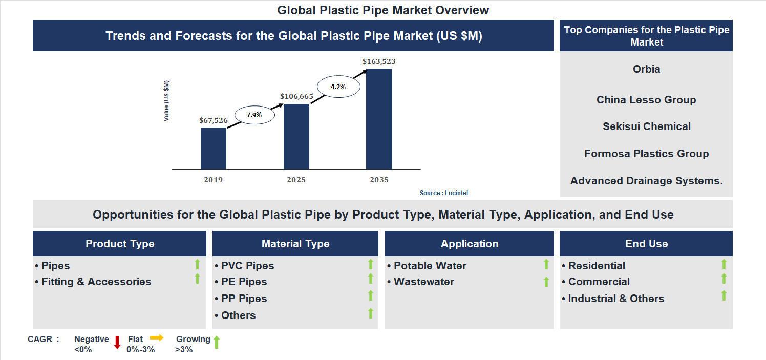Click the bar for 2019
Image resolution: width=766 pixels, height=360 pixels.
tap(214, 149)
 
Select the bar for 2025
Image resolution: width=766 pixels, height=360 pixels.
tap(296, 136)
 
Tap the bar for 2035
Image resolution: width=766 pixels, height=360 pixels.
tap(379, 119)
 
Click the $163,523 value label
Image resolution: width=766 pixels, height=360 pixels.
tap(379, 61)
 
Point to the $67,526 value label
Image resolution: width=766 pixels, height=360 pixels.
tap(214, 120)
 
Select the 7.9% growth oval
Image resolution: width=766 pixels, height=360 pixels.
tap(254, 115)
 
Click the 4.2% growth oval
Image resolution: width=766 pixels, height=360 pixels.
tap(338, 87)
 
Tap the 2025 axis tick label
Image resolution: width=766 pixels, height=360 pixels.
tap(296, 180)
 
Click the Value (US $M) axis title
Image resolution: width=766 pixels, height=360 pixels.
tap(166, 101)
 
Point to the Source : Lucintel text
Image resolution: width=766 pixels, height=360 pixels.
tap(444, 193)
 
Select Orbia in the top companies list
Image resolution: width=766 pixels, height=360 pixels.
tap(646, 69)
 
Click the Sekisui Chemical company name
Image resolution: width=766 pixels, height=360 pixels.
tap(646, 126)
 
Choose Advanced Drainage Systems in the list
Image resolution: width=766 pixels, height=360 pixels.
tap(646, 180)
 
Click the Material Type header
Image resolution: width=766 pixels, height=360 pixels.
tap(295, 244)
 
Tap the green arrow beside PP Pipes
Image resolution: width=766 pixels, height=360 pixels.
tap(371, 295)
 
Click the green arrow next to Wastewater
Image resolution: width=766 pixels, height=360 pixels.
tap(546, 282)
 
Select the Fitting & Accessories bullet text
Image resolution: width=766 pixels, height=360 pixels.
tap(96, 282)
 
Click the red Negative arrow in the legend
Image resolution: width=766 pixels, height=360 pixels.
tap(117, 342)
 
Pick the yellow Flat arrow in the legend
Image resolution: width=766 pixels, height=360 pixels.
tap(157, 337)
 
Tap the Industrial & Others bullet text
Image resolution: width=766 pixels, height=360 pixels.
tap(616, 299)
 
